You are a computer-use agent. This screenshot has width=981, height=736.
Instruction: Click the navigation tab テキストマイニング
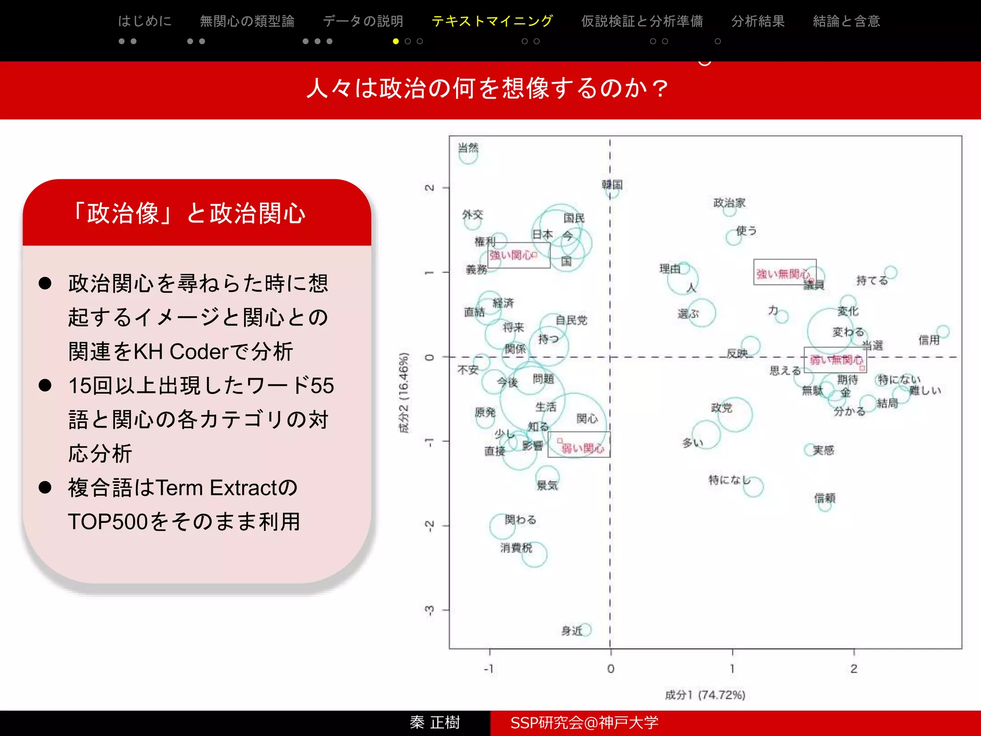coord(492,21)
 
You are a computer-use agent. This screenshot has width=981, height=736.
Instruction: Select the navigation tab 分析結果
coord(758,21)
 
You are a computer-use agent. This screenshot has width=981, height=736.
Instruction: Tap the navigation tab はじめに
coord(144,21)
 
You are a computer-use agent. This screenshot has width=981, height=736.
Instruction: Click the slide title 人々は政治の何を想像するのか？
coord(488,89)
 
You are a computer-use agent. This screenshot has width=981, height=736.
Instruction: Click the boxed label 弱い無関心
coord(835,360)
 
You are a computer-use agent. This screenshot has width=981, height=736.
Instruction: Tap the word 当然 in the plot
coord(468,148)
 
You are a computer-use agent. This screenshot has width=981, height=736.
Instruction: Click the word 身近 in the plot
coord(572,631)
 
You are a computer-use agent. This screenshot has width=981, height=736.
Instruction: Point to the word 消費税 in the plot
coord(516,547)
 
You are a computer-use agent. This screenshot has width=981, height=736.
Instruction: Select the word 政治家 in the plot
coord(729,203)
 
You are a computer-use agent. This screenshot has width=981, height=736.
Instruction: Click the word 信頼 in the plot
coord(824,498)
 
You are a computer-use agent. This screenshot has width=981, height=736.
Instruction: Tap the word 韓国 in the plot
coord(612,184)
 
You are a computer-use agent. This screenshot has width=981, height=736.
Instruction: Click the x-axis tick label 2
coord(854,668)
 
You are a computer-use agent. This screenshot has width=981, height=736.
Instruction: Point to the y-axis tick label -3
coord(430,610)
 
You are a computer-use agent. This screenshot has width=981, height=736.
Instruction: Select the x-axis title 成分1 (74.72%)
coord(705,695)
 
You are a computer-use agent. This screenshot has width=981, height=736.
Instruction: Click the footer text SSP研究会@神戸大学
coord(584,723)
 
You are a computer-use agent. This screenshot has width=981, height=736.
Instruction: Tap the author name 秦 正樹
coord(434,723)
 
